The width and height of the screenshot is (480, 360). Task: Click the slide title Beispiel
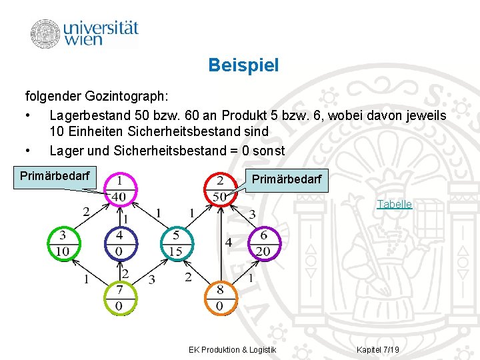[243, 65]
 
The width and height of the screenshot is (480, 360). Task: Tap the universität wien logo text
[101, 33]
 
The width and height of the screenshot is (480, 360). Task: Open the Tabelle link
[394, 204]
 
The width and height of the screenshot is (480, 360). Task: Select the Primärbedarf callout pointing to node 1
[58, 176]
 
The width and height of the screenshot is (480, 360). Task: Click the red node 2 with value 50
[220, 189]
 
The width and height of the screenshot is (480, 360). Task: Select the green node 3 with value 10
[63, 243]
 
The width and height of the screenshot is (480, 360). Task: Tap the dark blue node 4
[119, 243]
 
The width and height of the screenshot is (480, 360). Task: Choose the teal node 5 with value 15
[176, 243]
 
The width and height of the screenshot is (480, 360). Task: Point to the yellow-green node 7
[119, 298]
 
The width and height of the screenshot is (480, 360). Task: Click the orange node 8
[220, 298]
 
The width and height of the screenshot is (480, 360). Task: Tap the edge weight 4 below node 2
[229, 243]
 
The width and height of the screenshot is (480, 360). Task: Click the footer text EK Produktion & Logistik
[233, 350]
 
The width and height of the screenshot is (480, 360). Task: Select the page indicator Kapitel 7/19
[378, 350]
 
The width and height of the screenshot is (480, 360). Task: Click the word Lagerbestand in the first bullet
[91, 115]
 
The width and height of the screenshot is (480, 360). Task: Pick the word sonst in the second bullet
[269, 151]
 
